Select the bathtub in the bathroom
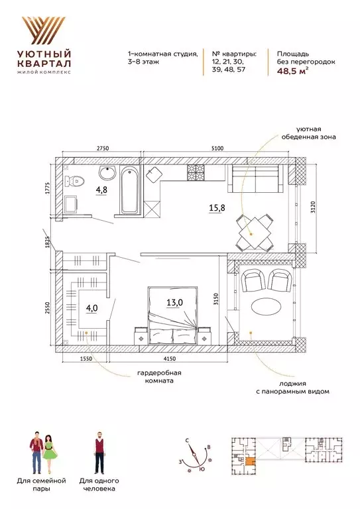point(129,190)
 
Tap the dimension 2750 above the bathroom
point(101,148)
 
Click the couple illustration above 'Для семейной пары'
point(42,450)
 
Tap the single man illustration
point(97,451)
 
